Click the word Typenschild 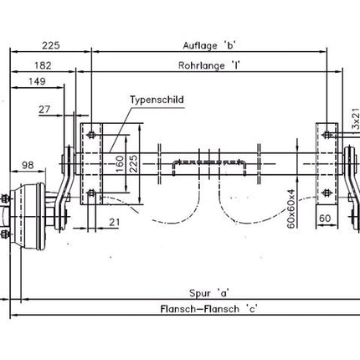157,100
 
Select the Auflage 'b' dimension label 209,45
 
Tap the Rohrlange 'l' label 209,65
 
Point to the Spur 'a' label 209,293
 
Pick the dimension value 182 43,65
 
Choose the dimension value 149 37,81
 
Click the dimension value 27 44,110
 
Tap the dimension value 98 28,165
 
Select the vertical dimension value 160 120,164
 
